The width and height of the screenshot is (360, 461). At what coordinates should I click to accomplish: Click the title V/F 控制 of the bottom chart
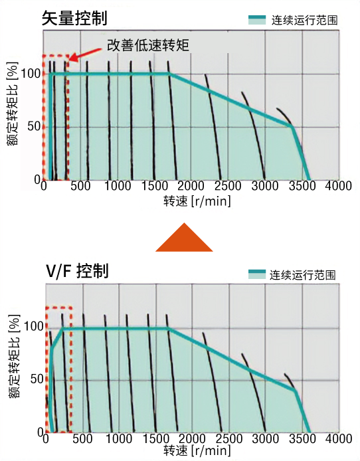77,271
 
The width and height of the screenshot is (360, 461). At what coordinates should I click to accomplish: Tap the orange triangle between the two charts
184,238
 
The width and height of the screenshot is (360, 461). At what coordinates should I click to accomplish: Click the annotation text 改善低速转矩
147,46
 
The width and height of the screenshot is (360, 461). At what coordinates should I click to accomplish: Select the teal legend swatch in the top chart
258,19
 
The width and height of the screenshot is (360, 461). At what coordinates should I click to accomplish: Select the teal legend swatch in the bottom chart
258,274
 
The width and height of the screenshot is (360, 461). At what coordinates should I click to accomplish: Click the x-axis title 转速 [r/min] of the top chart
197,201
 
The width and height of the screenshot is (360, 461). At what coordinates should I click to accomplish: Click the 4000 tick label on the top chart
339,187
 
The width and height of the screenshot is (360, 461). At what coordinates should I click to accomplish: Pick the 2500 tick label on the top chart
228,187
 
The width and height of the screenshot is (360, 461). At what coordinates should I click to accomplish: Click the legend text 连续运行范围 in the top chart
304,20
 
